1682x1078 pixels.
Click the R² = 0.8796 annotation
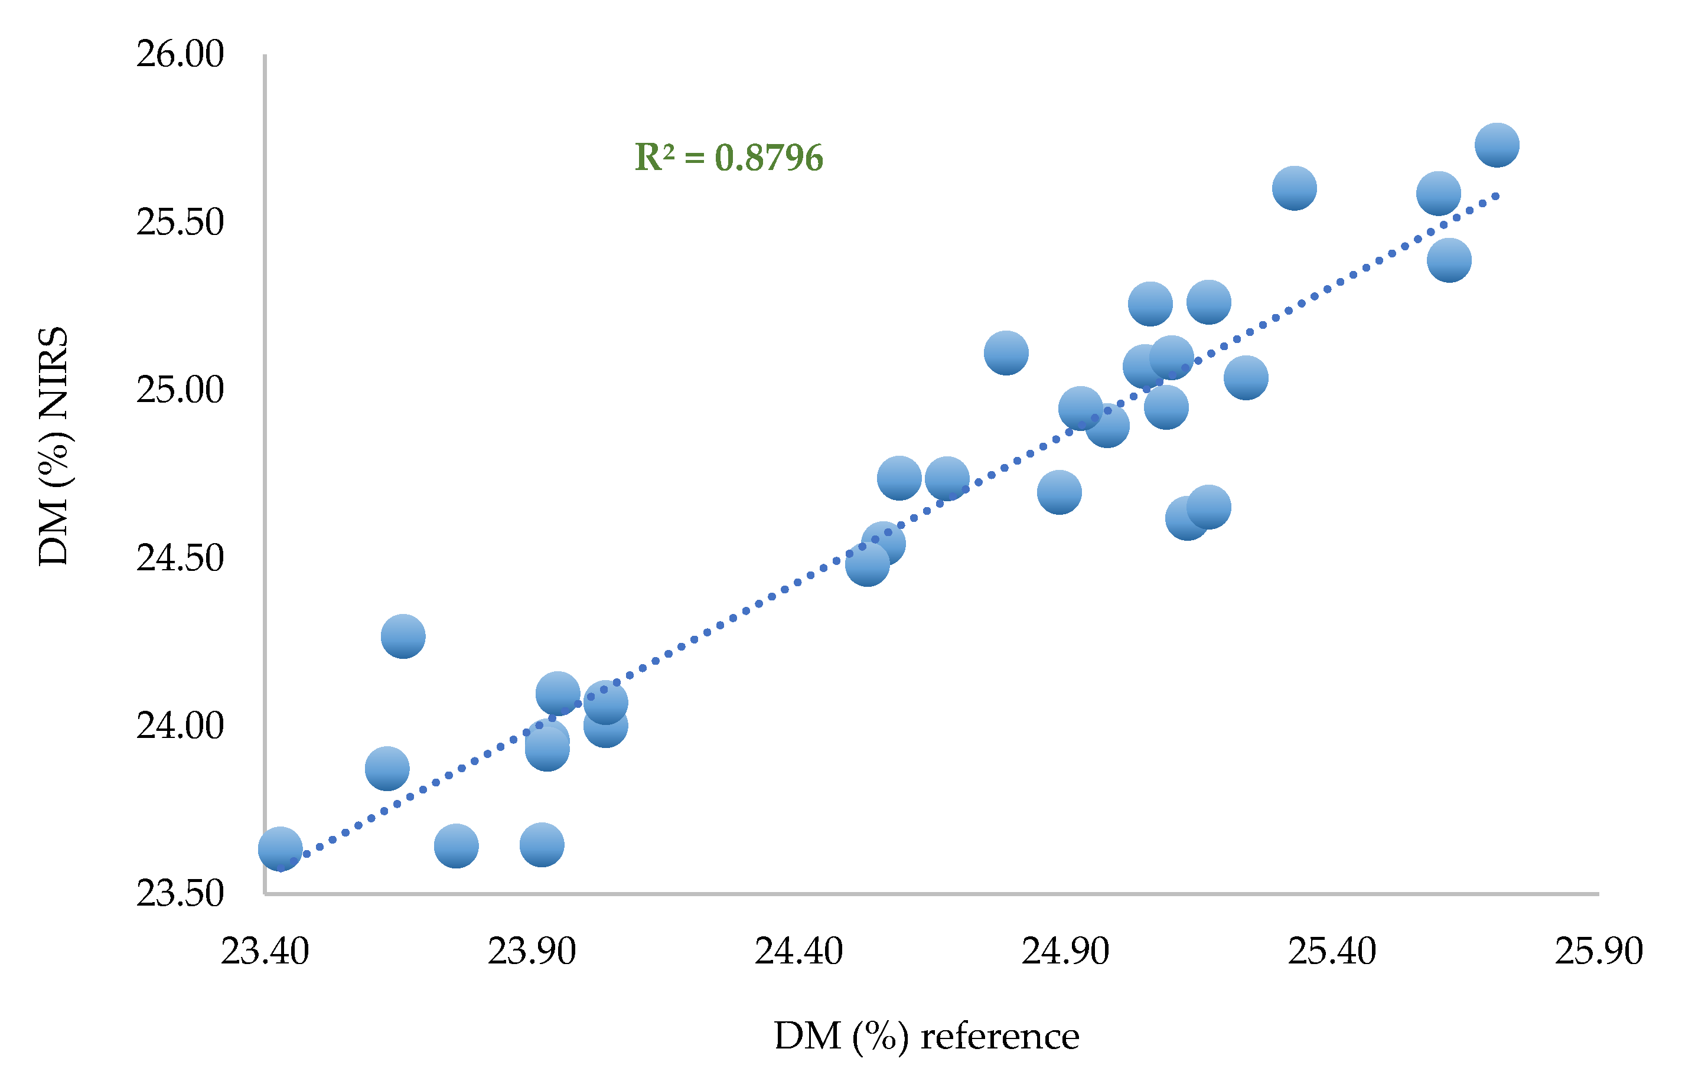point(728,158)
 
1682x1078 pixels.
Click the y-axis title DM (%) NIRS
point(53,446)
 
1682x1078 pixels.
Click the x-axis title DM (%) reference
point(925,1037)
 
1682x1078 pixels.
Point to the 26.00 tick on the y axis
point(180,54)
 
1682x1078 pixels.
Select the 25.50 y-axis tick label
point(180,222)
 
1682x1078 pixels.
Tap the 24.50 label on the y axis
point(180,558)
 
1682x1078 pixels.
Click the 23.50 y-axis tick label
point(180,893)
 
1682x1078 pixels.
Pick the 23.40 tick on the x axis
point(265,951)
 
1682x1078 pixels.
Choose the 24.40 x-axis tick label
point(798,951)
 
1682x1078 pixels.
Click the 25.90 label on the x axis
point(1599,951)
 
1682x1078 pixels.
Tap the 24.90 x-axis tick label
point(1065,951)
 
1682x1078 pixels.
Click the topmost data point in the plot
point(1497,145)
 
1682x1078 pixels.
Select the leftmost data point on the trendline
point(280,848)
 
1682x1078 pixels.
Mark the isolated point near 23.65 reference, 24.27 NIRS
point(403,636)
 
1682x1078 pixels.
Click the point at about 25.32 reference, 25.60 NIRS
point(1294,188)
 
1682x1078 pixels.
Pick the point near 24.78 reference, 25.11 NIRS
point(1006,353)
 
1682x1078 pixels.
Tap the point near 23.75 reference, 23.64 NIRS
point(456,845)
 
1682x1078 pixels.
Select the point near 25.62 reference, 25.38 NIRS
point(1449,260)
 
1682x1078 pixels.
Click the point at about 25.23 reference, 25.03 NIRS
point(1246,377)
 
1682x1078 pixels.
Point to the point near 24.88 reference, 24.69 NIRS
point(1059,492)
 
